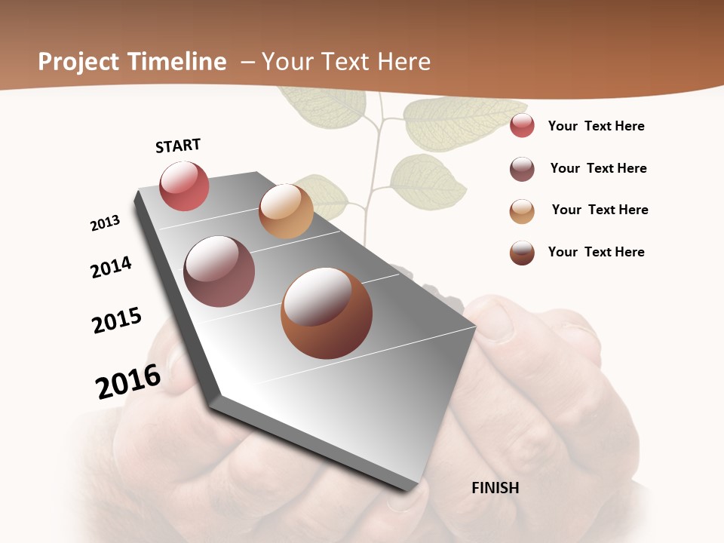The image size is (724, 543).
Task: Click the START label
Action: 178,146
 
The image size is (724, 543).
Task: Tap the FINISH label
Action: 495,488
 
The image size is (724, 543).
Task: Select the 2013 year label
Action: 105,223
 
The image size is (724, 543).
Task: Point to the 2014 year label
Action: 111,267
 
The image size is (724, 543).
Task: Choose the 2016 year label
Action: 128,382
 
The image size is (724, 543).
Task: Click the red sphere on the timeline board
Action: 184,186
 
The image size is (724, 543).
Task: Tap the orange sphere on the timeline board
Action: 286,211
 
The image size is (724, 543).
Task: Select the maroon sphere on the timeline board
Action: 219,271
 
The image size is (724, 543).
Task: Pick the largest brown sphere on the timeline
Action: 327,313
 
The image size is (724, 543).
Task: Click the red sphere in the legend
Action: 522,126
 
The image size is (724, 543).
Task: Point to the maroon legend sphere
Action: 522,169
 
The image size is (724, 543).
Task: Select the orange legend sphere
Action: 522,211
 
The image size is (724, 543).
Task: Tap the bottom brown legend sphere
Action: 522,253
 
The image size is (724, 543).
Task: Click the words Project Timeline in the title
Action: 132,62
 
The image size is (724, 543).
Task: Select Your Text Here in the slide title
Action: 346,62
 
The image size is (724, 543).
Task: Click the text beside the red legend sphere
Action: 596,126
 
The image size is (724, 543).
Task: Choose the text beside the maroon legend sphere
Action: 598,168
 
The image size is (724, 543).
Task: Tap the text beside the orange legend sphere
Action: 600,210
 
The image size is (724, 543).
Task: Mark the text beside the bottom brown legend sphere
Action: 596,252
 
